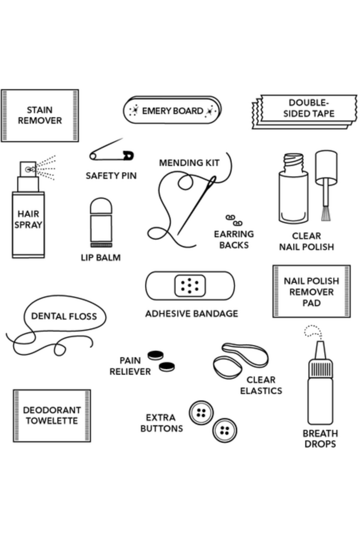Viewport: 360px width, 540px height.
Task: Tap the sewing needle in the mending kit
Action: click(196, 205)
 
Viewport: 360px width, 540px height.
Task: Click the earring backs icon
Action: click(234, 220)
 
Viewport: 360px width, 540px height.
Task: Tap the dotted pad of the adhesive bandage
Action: click(190, 286)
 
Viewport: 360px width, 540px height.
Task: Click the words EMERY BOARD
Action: click(172, 111)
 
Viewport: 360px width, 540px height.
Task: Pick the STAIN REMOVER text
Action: click(40, 115)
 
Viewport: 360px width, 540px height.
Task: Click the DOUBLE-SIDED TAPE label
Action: click(309, 108)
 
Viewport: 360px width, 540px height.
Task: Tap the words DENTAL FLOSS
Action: click(64, 316)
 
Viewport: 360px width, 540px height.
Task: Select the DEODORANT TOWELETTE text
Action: click(52, 415)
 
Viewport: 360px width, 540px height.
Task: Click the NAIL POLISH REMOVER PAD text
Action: click(311, 292)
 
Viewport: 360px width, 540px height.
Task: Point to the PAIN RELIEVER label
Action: click(130, 366)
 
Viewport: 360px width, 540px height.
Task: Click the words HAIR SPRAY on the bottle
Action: click(28, 219)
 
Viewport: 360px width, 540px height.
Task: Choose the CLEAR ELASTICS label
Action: click(261, 385)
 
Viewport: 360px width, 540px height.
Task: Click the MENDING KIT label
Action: click(189, 163)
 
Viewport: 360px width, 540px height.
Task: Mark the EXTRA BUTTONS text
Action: click(161, 423)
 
